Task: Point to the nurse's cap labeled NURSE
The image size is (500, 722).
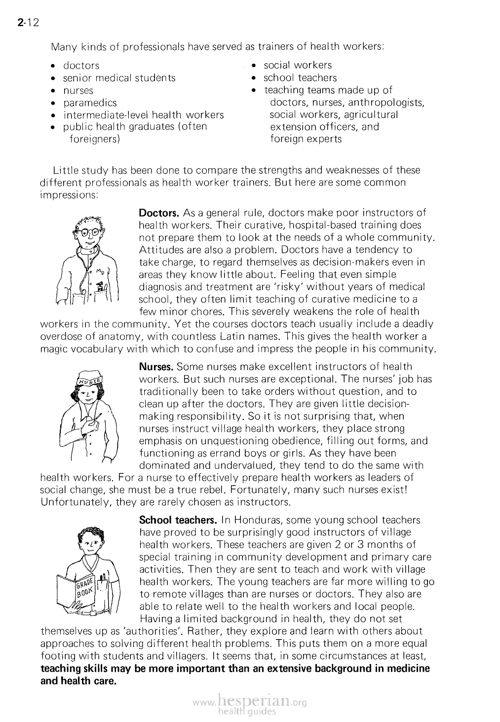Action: click(90, 379)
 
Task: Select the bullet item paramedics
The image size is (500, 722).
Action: click(90, 103)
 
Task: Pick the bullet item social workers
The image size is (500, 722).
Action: click(298, 65)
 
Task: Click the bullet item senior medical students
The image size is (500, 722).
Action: click(119, 78)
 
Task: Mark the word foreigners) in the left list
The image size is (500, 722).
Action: click(95, 139)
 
